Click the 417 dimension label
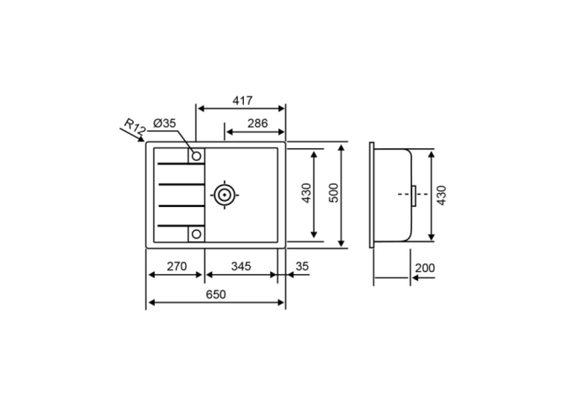click(x=242, y=101)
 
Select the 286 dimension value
click(x=257, y=124)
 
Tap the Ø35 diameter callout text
click(x=164, y=124)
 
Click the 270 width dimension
click(x=177, y=267)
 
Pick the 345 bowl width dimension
click(x=241, y=267)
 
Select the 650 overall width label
click(x=216, y=294)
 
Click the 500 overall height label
click(x=333, y=193)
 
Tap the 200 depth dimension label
click(x=425, y=268)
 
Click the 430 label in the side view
click(x=442, y=195)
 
